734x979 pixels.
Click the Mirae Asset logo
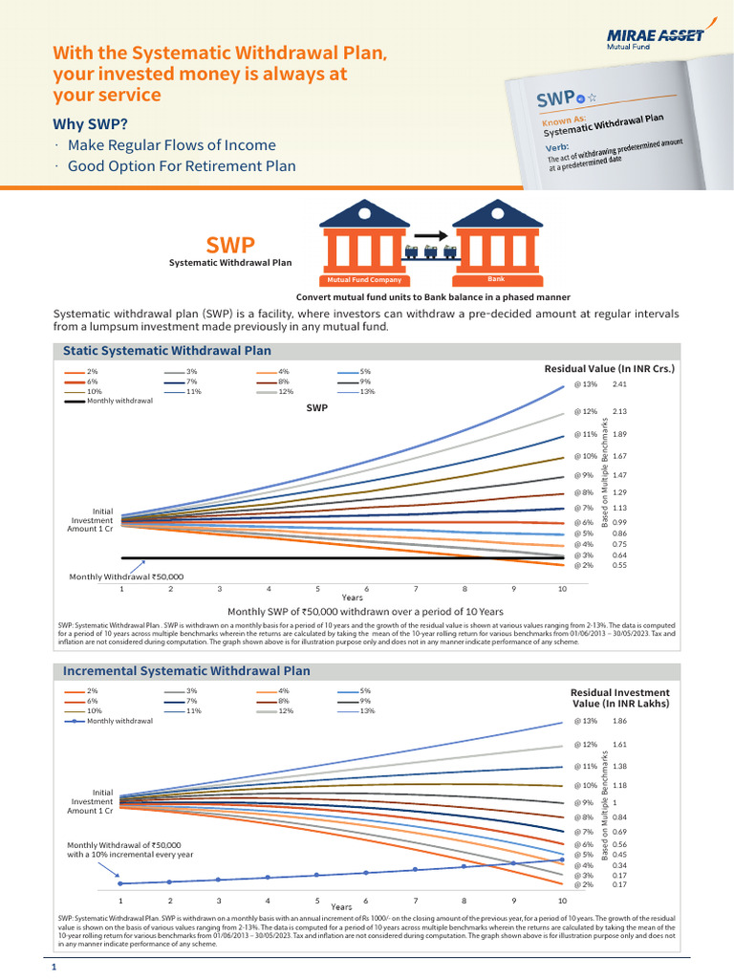point(656,38)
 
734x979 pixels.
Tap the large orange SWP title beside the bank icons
point(230,247)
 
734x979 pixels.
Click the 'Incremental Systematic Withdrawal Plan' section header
point(186,670)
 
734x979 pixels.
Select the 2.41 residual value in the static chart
point(619,384)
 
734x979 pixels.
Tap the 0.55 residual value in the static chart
point(619,565)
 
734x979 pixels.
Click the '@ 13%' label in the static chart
point(585,384)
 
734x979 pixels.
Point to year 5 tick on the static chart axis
point(318,589)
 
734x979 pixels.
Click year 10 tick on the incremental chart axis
point(562,901)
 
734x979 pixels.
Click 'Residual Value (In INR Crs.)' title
point(610,368)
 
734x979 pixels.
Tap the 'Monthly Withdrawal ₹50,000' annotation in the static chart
point(126,577)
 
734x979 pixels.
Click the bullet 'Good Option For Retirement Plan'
point(182,166)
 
